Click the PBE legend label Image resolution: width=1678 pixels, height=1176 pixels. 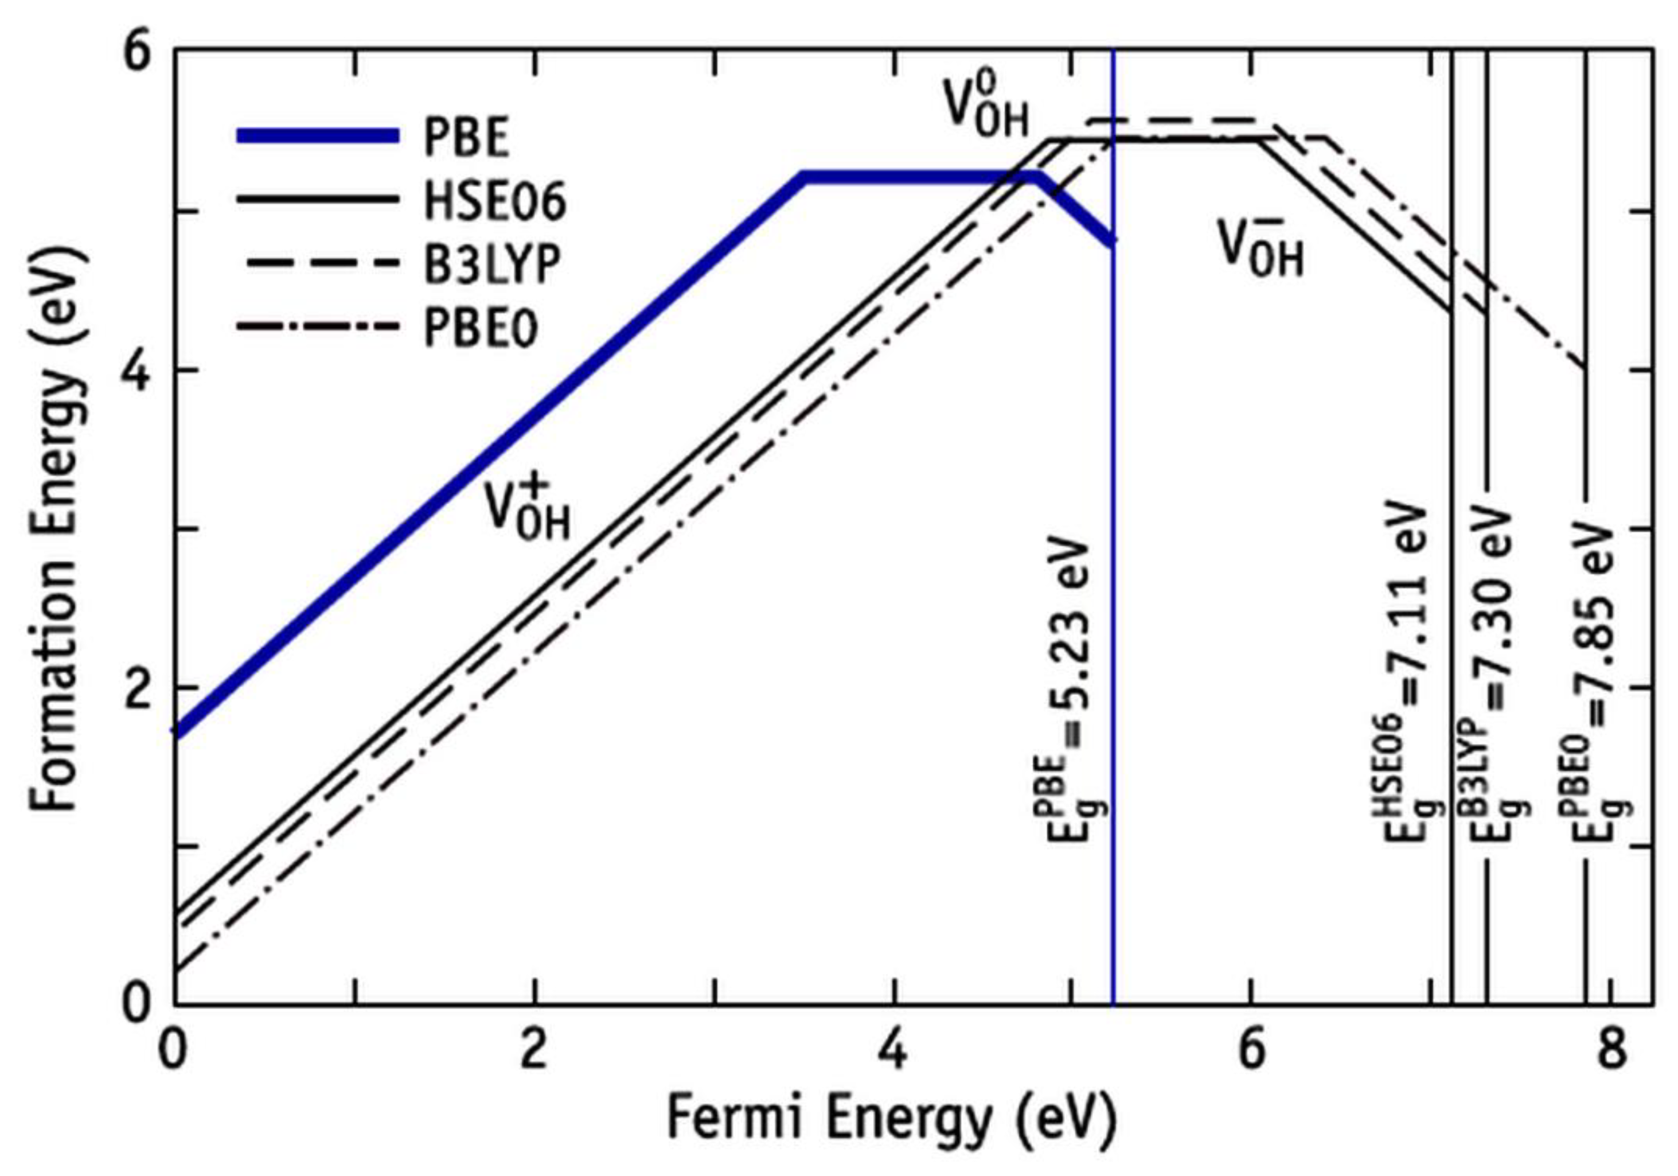point(466,138)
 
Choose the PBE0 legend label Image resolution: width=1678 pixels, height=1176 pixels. point(480,328)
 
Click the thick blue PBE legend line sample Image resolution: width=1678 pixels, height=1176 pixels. point(318,137)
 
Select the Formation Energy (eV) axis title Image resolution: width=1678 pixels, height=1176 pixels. point(55,526)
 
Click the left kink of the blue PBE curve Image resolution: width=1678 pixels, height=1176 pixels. point(804,177)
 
